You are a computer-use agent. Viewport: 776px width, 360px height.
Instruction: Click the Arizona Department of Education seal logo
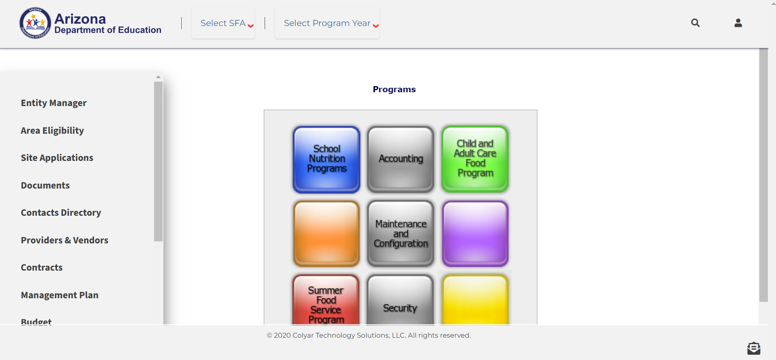35,23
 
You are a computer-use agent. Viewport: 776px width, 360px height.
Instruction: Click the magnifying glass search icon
696,23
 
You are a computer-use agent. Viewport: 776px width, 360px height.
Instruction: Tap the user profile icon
738,23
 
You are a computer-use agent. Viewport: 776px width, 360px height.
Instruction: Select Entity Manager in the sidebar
54,103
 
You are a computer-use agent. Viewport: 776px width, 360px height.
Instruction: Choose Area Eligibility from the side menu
52,130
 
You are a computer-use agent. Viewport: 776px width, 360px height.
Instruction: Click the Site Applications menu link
57,158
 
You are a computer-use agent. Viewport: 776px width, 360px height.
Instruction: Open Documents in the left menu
46,185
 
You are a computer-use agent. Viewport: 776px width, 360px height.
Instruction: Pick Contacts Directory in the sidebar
61,213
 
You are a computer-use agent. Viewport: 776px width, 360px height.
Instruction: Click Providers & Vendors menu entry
65,240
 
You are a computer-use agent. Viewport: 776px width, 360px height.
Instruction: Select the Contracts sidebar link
42,267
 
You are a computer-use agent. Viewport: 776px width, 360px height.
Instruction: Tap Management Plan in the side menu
60,295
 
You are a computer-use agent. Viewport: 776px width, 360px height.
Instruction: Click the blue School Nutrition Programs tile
326,159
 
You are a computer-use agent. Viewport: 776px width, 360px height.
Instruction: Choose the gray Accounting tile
401,159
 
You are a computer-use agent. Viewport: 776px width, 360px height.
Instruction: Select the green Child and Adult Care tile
475,159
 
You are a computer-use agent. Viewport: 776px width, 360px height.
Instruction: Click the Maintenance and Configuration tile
401,234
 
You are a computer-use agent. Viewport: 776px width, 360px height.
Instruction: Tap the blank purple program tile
475,234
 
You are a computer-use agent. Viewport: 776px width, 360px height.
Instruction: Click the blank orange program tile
326,234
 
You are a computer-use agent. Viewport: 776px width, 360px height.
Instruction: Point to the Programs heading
394,89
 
